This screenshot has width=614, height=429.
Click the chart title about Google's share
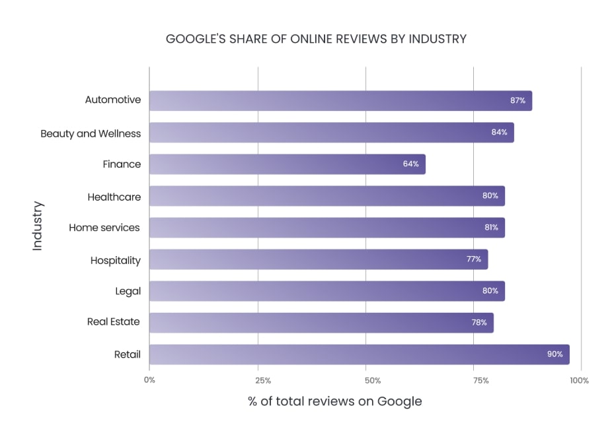316,39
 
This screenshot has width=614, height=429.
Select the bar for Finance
287,164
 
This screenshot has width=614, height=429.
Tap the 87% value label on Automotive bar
518,101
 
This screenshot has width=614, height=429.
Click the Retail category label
127,354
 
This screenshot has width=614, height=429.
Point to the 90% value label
555,354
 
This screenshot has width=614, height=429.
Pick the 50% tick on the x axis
373,381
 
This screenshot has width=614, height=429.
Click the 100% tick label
580,381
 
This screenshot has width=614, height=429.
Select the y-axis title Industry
38,226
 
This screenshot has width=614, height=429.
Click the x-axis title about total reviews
334,401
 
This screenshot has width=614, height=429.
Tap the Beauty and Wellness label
91,133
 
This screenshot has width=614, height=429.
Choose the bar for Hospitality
318,259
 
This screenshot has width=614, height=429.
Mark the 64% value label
410,164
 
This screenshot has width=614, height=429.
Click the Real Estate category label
114,322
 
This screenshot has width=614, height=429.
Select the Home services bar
326,228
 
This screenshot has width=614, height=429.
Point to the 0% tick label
149,381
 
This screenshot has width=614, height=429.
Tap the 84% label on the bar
499,133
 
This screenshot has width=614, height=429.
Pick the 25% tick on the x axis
263,381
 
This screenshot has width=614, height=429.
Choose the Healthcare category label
114,197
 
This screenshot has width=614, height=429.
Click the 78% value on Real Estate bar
479,323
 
